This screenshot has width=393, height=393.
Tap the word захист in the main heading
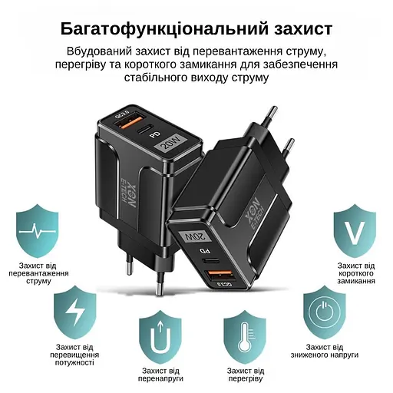coord(296,29)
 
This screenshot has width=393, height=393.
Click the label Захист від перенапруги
coord(160,375)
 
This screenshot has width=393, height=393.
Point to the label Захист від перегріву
coord(244,375)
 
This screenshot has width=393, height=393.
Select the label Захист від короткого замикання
coord(356,273)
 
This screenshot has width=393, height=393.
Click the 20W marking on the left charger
coord(166,142)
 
